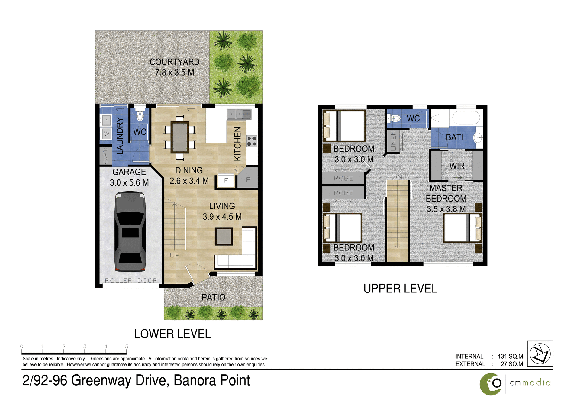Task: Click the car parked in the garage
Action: coord(130,232)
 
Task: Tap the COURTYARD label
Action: coord(174,62)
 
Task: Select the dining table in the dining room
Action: coord(180,137)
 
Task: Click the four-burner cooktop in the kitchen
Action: coord(252,141)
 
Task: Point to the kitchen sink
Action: coord(239,114)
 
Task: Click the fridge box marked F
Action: coord(226,180)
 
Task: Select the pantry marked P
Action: coord(248,179)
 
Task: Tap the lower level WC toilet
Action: coord(140,115)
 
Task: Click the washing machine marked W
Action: coord(106,134)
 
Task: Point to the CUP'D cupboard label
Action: coord(105,156)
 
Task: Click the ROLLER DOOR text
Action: coord(131,281)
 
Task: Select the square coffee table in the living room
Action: coord(224,236)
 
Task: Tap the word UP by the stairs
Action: coord(175,255)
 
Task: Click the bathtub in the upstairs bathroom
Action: coord(466,118)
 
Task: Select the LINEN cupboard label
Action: coord(393,141)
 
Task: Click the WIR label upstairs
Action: coord(457,166)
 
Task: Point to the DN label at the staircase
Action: coord(397,177)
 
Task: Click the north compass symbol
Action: coord(540,354)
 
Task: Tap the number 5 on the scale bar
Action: coord(127,347)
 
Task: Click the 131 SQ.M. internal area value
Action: coord(511,356)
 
